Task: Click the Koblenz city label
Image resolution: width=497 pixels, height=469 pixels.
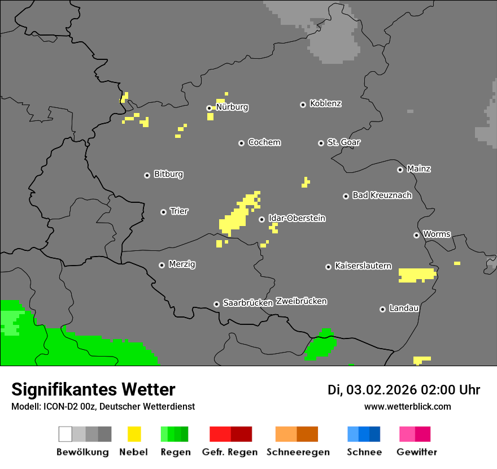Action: click(325, 103)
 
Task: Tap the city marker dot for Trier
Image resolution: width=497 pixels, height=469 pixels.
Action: click(164, 212)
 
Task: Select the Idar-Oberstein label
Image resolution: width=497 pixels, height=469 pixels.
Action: click(297, 218)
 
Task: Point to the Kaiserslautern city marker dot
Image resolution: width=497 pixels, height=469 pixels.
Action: click(328, 267)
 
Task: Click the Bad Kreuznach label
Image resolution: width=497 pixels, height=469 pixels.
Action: click(382, 196)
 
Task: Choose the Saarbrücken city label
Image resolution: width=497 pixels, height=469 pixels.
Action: click(247, 303)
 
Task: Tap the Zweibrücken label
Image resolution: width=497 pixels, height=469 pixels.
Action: click(301, 301)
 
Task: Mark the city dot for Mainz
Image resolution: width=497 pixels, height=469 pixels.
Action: click(400, 170)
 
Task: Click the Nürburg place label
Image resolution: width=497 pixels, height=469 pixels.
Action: click(232, 107)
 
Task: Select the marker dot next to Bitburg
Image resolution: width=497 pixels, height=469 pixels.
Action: click(147, 175)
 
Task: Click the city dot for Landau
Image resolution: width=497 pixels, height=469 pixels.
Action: click(382, 309)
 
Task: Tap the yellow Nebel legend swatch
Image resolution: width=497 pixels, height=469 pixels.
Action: click(134, 434)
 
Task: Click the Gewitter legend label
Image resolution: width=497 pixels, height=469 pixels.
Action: click(416, 452)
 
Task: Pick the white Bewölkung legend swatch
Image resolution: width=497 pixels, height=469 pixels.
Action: click(65, 434)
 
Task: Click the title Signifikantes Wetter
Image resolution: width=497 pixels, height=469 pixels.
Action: click(93, 390)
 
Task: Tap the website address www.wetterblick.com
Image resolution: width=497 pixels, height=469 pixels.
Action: click(407, 406)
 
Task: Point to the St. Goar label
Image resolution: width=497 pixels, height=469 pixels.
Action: click(343, 142)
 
